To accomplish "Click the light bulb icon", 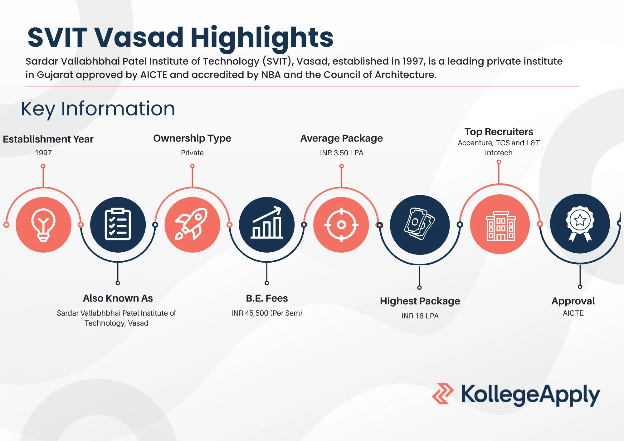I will (x=43, y=225).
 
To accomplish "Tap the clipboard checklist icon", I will (x=118, y=225).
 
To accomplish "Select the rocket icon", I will (x=192, y=225).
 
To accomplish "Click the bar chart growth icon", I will (x=267, y=225).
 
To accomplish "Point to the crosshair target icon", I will (x=341, y=225).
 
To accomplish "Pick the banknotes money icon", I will (x=420, y=225).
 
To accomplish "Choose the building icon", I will (x=500, y=225).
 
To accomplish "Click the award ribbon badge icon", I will (x=580, y=223).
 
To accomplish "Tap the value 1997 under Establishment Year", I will (x=43, y=153).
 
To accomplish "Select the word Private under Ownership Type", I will (x=192, y=153).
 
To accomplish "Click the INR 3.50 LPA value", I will (x=342, y=153).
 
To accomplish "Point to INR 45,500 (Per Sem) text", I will (x=267, y=313).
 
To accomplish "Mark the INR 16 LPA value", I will (x=420, y=316).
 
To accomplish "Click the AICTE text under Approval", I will (x=573, y=313).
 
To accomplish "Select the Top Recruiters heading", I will (x=499, y=132).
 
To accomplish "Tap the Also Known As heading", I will (x=118, y=298).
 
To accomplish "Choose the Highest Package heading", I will (x=420, y=301).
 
